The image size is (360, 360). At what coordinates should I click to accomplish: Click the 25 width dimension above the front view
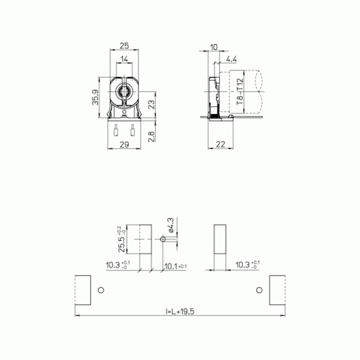(x=124, y=46)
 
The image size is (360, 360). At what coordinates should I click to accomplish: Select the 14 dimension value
(x=124, y=59)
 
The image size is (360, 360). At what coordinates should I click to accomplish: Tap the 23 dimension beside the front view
(x=152, y=105)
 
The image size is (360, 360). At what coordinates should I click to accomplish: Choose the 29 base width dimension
(x=124, y=144)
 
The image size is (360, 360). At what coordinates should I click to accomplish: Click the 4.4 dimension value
(x=231, y=59)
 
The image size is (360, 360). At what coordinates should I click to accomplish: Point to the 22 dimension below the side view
(x=220, y=144)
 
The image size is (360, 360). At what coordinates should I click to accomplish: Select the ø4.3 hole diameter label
(x=171, y=225)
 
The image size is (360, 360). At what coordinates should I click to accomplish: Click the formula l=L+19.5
(x=180, y=312)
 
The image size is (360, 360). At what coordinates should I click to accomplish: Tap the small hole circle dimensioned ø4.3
(x=163, y=239)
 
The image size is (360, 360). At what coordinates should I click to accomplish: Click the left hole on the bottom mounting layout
(x=101, y=290)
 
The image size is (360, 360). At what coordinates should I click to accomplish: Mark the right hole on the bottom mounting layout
(x=259, y=290)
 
